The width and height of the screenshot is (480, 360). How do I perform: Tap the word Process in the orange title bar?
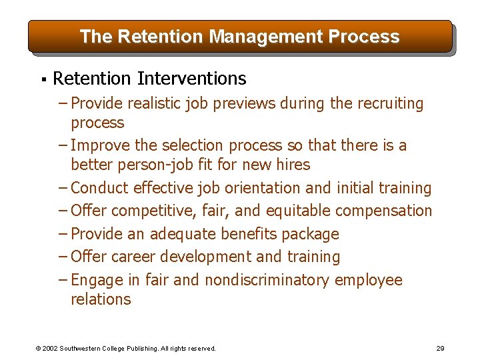pyautogui.click(x=365, y=37)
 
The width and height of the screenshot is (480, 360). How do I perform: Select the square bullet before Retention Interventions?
pyautogui.click(x=43, y=79)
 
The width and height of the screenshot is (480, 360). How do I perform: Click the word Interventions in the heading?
pyautogui.click(x=191, y=79)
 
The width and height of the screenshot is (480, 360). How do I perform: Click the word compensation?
pyautogui.click(x=383, y=211)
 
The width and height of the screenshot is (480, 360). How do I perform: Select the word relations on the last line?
pyautogui.click(x=101, y=299)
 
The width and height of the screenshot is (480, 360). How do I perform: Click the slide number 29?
pyautogui.click(x=440, y=348)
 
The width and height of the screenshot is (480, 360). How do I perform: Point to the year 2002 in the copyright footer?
pyautogui.click(x=51, y=348)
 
